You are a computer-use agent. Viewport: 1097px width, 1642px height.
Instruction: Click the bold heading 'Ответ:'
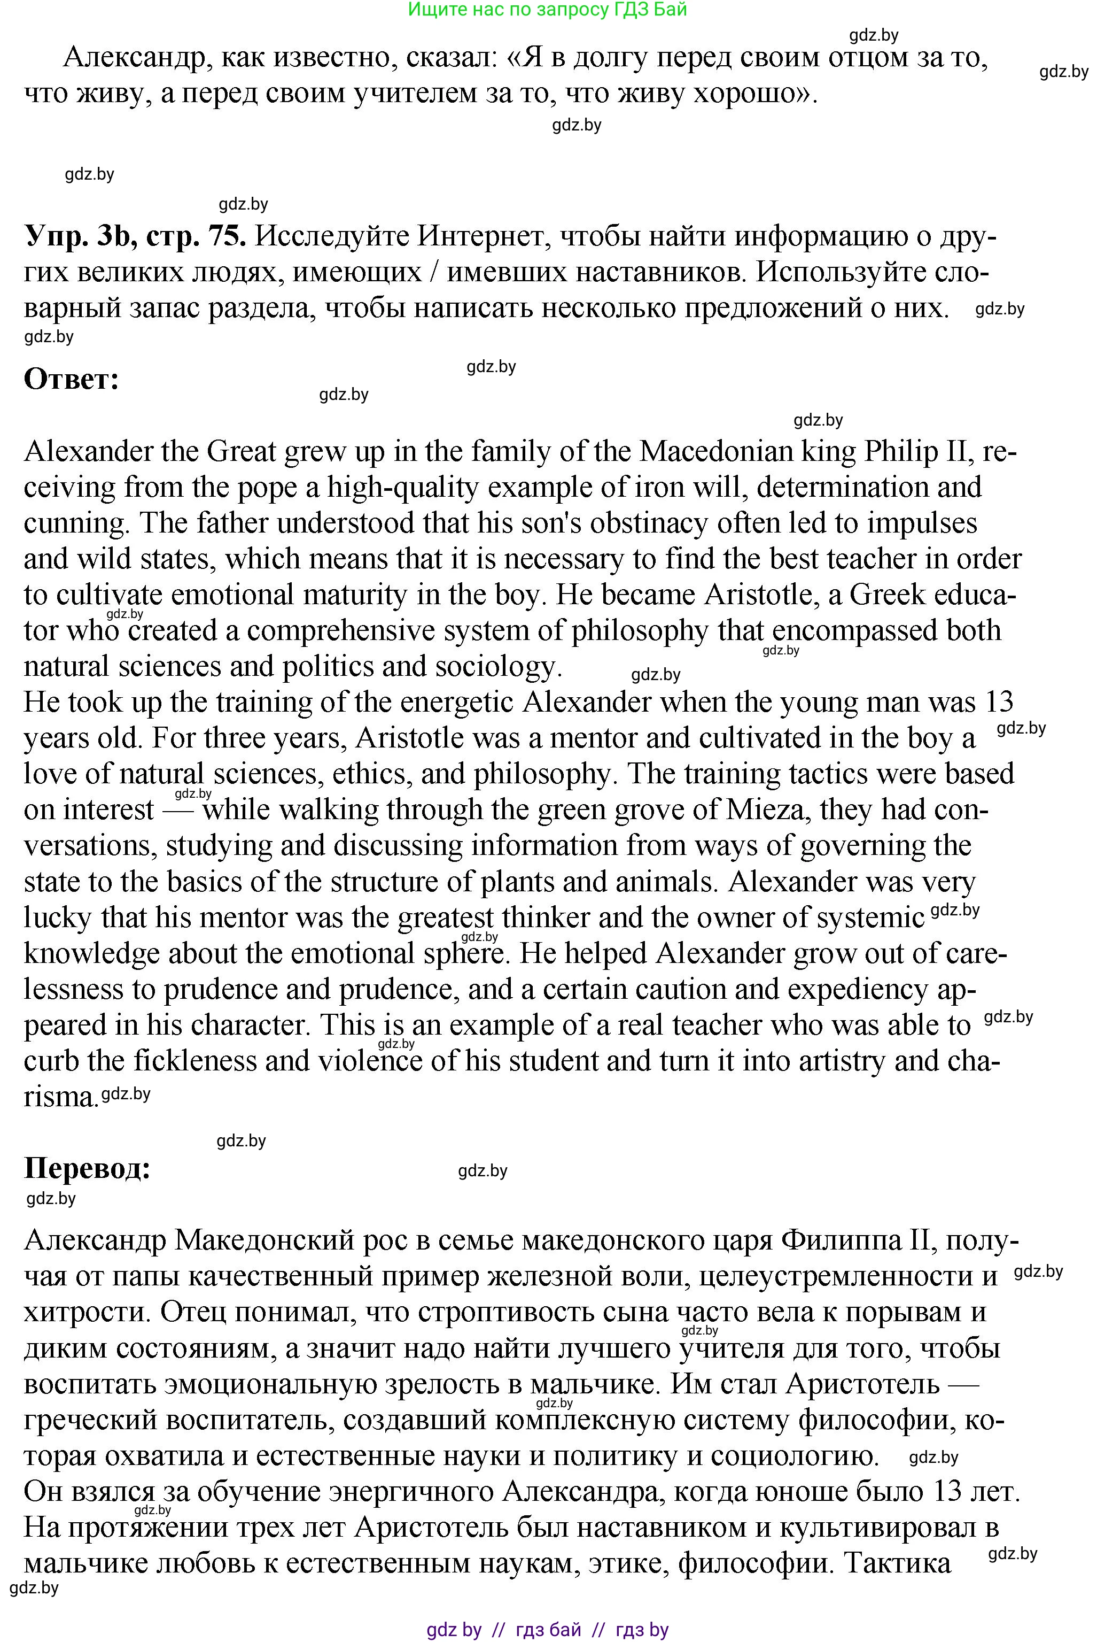pos(72,380)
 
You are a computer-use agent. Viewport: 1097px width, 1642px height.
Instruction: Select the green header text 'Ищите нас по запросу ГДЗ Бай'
pos(547,10)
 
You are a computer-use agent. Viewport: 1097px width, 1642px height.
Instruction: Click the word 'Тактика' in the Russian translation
pos(898,1563)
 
